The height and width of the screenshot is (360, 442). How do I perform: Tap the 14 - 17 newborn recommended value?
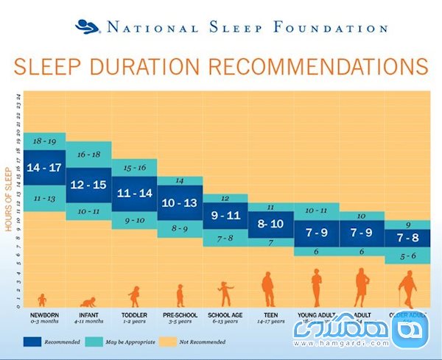[44, 167]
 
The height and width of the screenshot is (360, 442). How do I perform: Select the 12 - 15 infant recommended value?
[88, 184]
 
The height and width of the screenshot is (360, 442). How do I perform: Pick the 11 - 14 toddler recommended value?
[133, 193]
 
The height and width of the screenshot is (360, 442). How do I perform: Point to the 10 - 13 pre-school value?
[179, 202]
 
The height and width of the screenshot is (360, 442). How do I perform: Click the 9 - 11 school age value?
[225, 216]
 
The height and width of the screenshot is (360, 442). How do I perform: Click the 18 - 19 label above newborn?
[44, 140]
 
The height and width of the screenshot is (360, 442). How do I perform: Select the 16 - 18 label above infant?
[88, 154]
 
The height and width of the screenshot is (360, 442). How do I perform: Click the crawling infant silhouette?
[88, 301]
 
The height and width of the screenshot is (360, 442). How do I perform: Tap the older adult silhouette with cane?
[407, 289]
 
